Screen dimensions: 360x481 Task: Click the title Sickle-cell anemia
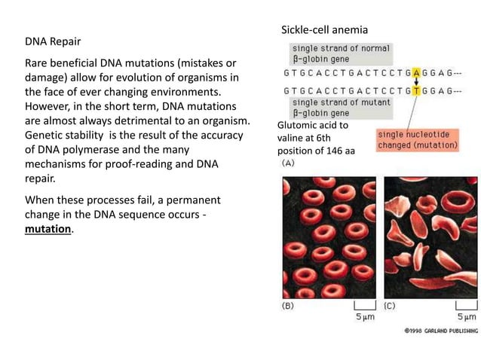[324, 29]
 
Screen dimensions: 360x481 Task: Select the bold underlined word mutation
[47, 230]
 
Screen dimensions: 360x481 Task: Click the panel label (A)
[288, 163]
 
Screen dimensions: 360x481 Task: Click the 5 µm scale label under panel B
[365, 317]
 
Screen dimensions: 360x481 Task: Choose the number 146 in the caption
[332, 150]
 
